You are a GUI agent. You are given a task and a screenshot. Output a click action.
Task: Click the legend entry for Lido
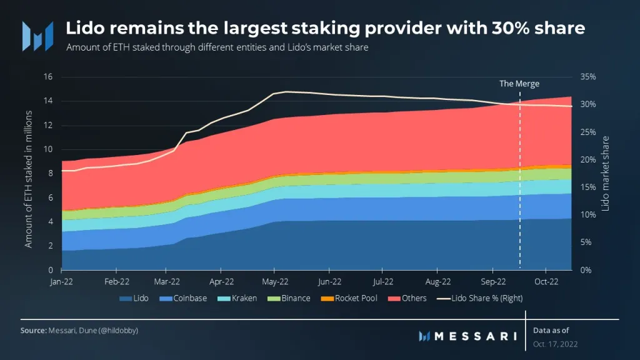click(x=135, y=298)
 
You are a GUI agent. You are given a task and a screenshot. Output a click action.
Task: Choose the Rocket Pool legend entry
click(x=349, y=298)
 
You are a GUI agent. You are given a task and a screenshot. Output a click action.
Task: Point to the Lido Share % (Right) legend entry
click(x=480, y=298)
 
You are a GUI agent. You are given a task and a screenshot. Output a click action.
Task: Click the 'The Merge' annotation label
click(x=519, y=83)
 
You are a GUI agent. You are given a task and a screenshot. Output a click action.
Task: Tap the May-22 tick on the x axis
click(x=274, y=281)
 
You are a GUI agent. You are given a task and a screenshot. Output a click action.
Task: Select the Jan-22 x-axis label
click(x=61, y=281)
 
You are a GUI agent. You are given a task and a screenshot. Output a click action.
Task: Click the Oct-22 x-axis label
click(x=546, y=281)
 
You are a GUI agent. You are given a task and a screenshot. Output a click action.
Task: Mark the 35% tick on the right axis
click(x=589, y=77)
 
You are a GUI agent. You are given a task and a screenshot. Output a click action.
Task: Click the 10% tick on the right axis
click(x=589, y=214)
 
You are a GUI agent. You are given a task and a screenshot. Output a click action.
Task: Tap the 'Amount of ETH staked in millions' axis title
click(x=29, y=172)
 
